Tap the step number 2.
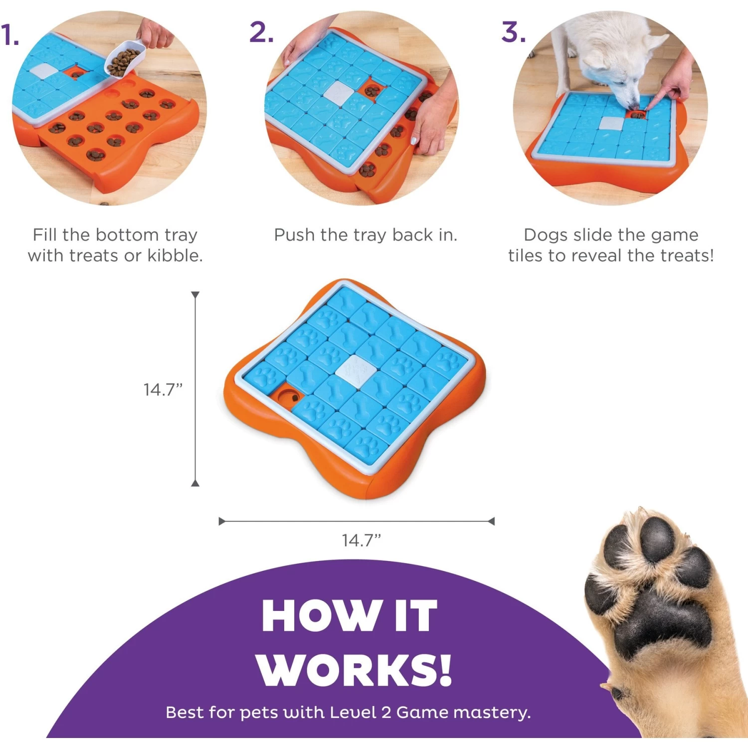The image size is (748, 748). click(261, 32)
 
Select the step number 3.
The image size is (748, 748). click(513, 32)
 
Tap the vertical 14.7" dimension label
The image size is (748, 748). click(163, 389)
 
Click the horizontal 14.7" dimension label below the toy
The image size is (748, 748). click(361, 540)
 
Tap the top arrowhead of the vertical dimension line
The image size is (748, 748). click(195, 295)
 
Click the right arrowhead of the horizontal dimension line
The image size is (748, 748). click(491, 522)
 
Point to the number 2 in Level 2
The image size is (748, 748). click(385, 713)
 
